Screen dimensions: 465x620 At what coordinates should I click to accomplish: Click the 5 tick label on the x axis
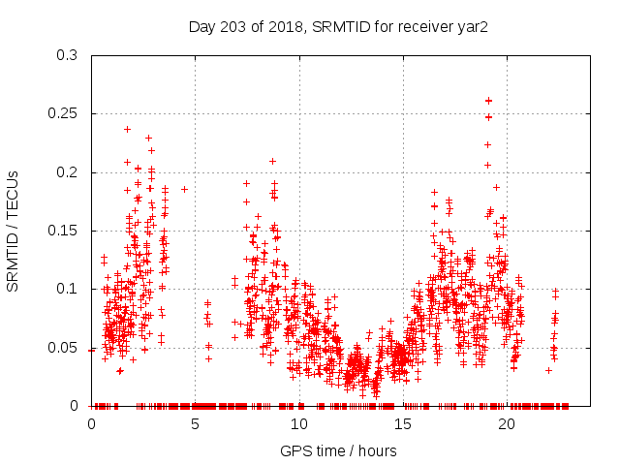tap(195, 423)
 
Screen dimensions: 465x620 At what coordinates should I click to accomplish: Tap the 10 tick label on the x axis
tap(298, 423)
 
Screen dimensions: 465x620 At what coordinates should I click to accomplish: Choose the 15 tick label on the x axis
tap(402, 423)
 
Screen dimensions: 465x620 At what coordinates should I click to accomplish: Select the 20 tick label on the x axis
tap(506, 423)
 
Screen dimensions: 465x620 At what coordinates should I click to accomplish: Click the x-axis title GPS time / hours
tap(338, 450)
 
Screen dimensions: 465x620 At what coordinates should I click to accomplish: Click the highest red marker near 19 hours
tap(488, 100)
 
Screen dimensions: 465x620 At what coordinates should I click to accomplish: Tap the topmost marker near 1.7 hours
tap(127, 129)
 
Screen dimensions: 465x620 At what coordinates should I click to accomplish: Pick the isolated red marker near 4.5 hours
tap(184, 189)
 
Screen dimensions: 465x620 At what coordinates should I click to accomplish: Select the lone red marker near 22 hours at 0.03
tap(548, 370)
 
